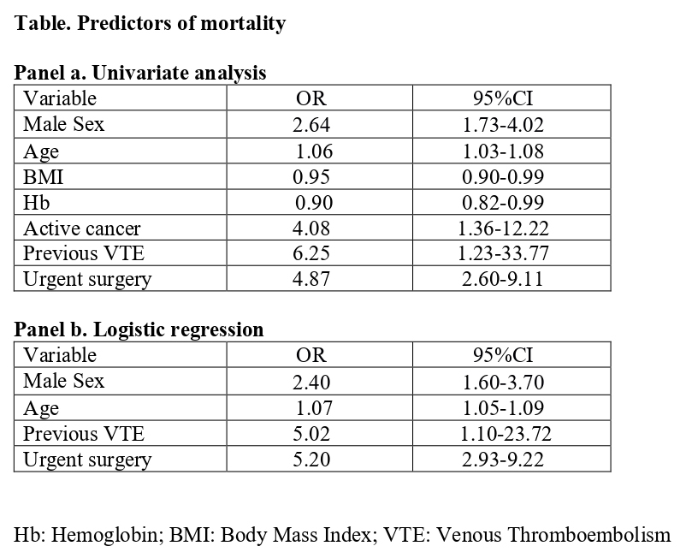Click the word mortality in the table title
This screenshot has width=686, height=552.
[243, 23]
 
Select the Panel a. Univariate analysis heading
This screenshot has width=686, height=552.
[140, 73]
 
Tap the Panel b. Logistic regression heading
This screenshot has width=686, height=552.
[139, 329]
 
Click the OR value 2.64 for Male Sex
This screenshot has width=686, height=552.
[311, 125]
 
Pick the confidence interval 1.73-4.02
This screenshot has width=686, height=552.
[503, 125]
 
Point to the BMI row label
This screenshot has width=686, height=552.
[44, 177]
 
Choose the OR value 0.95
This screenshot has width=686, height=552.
[311, 177]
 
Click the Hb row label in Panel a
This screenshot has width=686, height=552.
[36, 203]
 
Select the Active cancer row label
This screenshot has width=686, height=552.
[82, 228]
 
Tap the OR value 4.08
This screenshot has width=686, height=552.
[311, 228]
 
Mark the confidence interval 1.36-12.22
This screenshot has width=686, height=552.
[503, 228]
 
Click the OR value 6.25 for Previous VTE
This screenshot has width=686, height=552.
[311, 253]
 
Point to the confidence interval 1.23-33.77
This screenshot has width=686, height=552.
[503, 253]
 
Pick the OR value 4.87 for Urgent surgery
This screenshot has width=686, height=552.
[311, 279]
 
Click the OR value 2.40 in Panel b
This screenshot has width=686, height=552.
[311, 383]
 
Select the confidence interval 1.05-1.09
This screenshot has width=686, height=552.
[503, 408]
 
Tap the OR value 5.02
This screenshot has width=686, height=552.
[311, 434]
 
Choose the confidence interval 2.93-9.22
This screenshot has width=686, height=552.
[503, 460]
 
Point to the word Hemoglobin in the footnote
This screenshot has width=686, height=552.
[107, 536]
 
